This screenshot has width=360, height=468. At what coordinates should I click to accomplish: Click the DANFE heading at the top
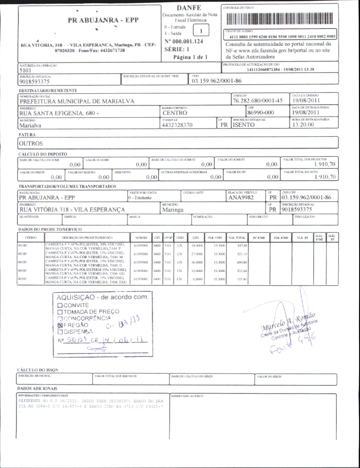(x=189, y=8)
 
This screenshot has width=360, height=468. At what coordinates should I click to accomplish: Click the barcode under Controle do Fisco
(x=280, y=19)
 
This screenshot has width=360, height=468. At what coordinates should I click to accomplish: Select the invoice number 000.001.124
(x=188, y=41)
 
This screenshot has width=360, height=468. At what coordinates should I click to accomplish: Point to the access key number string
(x=282, y=37)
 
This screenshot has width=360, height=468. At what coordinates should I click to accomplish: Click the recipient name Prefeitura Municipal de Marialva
(x=77, y=101)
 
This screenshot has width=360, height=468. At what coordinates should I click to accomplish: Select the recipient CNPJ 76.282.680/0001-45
(x=258, y=101)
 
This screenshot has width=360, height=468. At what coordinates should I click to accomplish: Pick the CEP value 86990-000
(x=260, y=113)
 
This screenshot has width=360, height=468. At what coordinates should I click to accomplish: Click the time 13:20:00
(x=303, y=125)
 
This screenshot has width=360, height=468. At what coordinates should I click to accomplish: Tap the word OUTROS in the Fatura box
(x=31, y=144)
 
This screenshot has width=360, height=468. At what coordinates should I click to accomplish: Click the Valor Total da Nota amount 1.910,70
(x=325, y=177)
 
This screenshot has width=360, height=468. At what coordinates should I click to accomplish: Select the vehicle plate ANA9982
(x=241, y=198)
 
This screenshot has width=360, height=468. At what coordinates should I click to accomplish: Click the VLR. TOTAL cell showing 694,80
(x=242, y=262)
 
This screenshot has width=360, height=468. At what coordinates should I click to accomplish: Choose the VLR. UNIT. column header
(x=215, y=238)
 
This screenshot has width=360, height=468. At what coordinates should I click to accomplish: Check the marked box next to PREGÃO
(x=60, y=325)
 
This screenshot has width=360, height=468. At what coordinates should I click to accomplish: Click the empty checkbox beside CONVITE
(x=60, y=305)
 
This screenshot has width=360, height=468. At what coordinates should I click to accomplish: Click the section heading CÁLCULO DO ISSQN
(x=38, y=370)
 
